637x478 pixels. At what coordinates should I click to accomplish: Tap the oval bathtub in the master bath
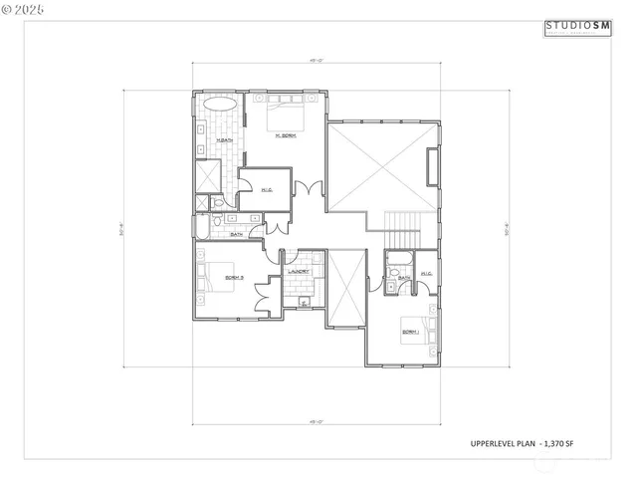coord(220,105)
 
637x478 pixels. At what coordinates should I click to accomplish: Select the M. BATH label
coord(224,140)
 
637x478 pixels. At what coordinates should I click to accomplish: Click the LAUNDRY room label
coord(298,271)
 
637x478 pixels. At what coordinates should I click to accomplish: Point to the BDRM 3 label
coord(235,277)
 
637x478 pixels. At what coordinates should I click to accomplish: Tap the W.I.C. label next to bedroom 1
coord(426,273)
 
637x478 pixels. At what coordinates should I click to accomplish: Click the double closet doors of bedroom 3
coord(264,296)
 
